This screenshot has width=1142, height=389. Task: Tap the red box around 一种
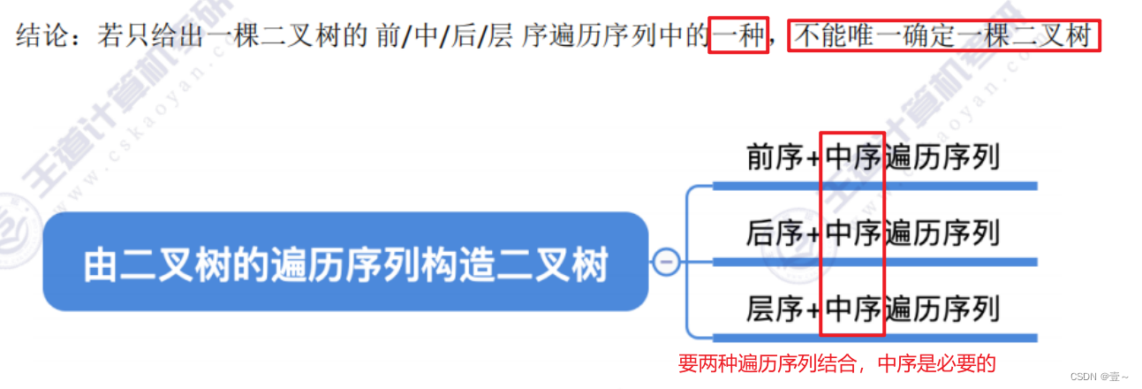[x=739, y=37]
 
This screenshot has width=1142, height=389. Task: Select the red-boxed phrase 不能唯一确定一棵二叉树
[x=943, y=37]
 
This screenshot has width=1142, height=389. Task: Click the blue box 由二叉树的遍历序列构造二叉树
[x=345, y=262]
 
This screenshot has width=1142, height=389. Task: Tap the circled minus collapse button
[x=667, y=262]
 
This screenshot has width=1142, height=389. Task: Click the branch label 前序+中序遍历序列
[x=873, y=156]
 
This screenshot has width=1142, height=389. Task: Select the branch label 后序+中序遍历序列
[x=873, y=233]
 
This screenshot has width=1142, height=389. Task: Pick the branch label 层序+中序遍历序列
[x=873, y=309]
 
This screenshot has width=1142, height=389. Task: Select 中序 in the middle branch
[x=853, y=233]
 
